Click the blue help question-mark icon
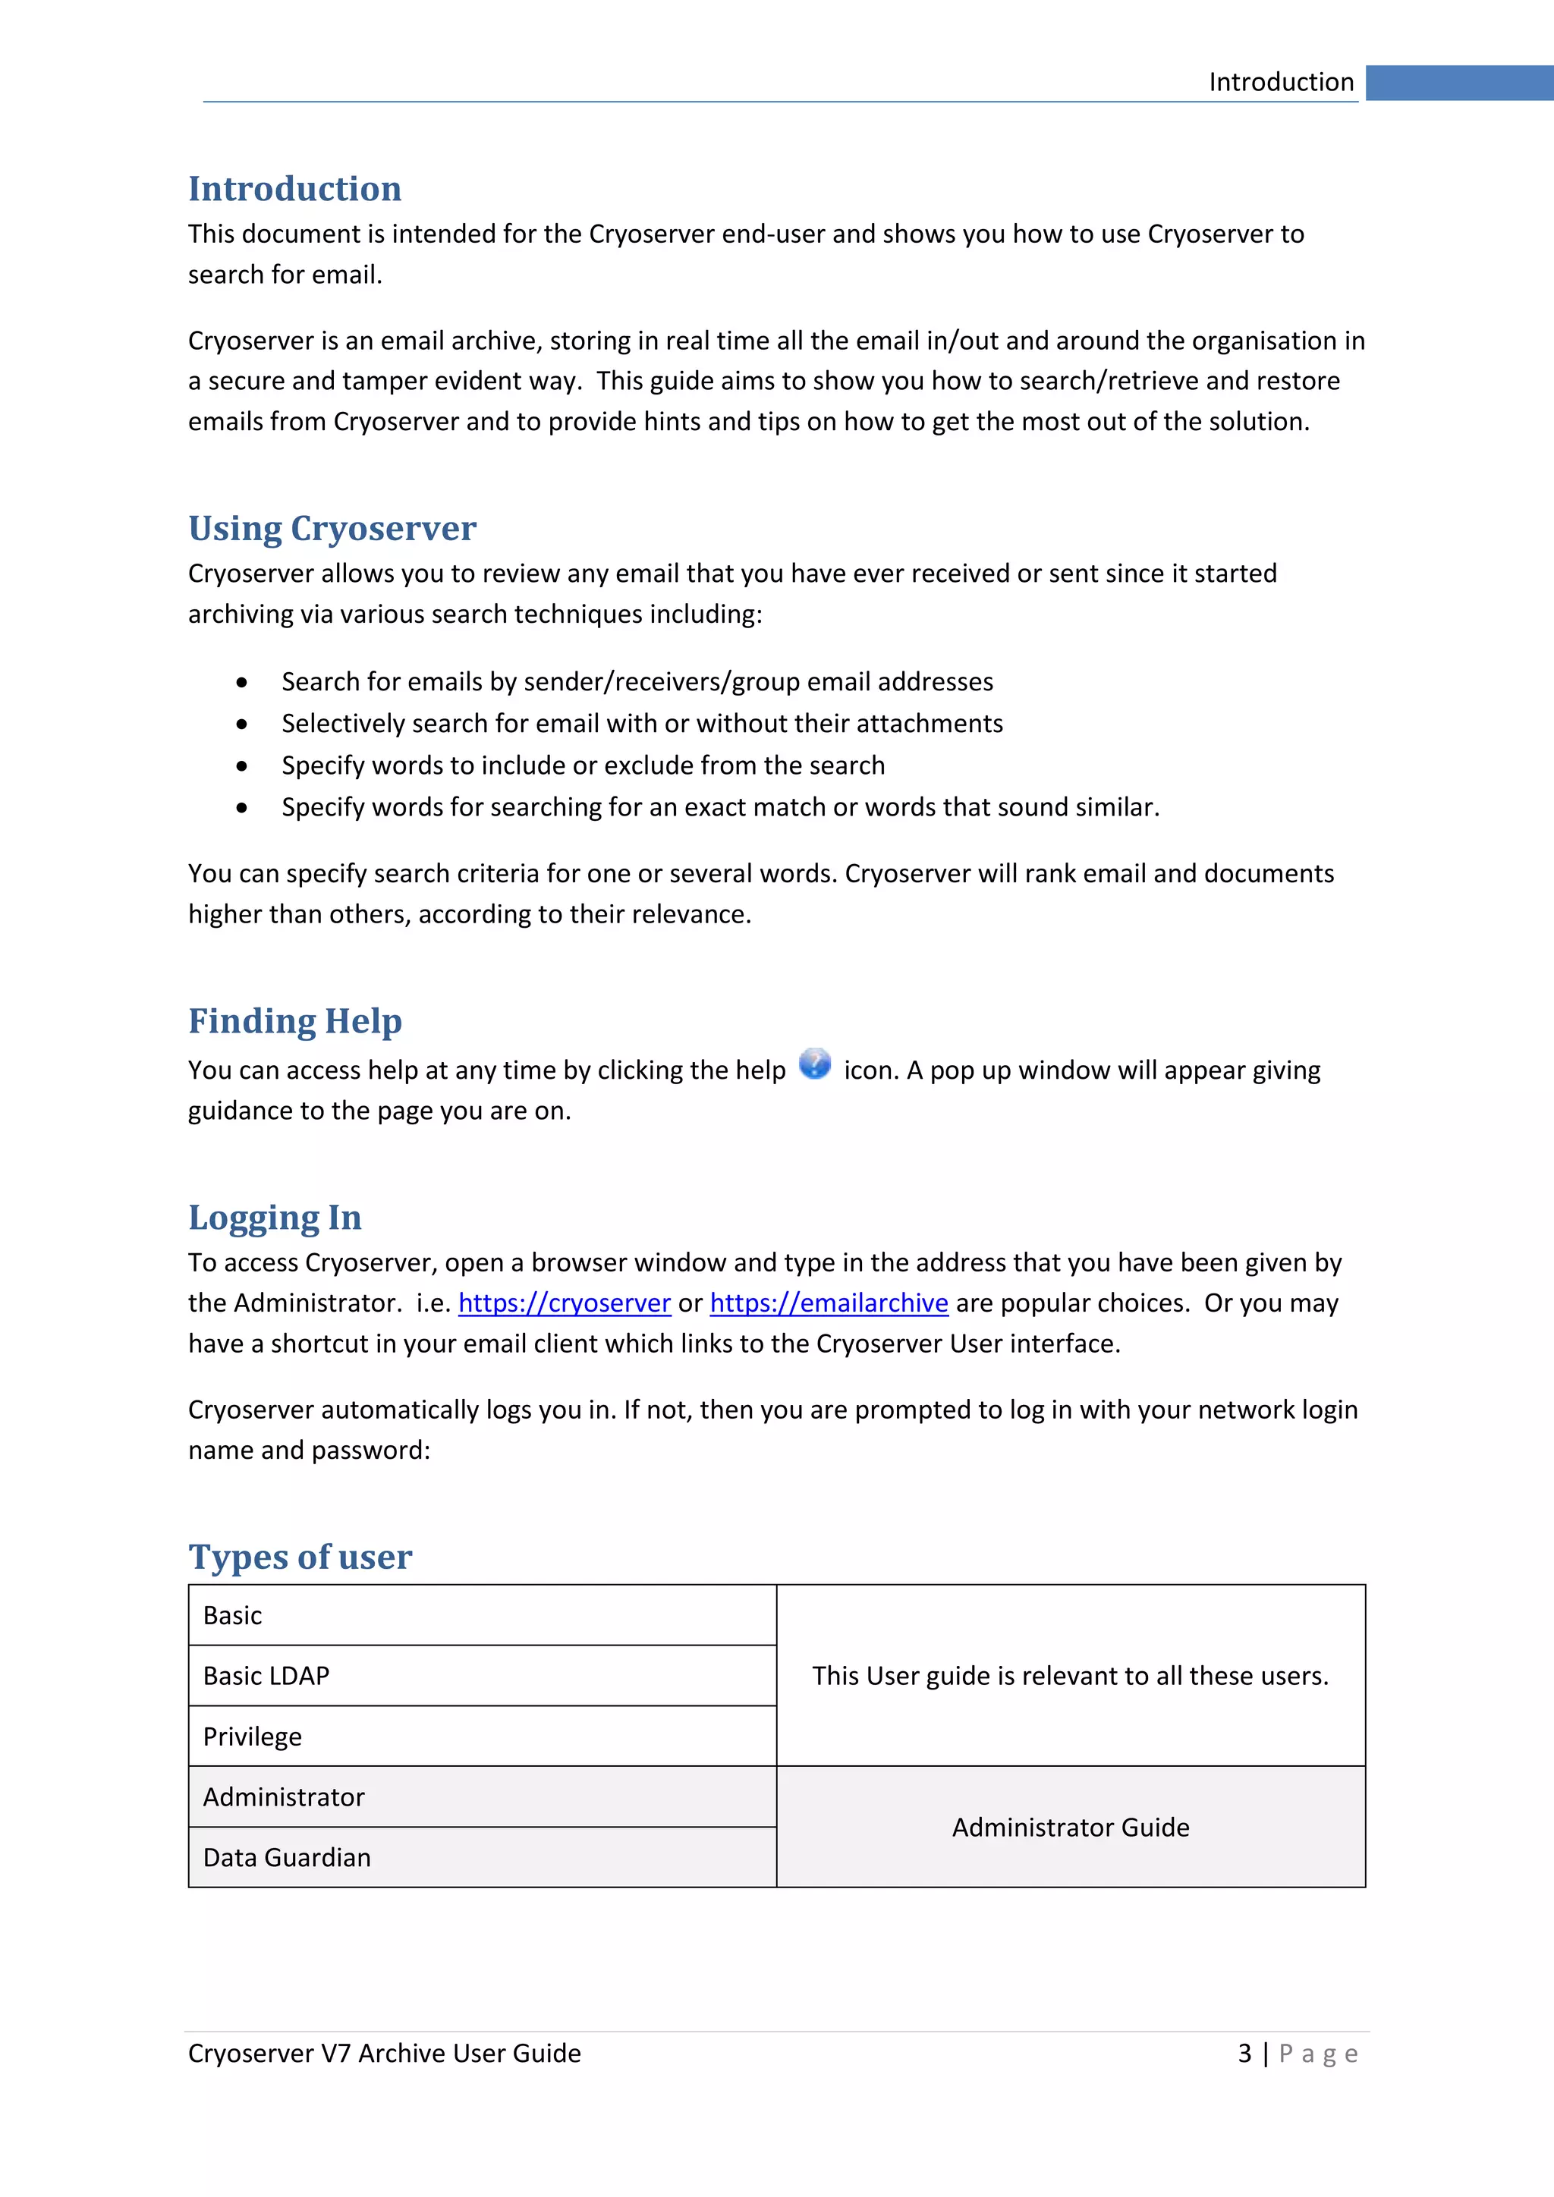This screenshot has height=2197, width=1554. pos(814,1063)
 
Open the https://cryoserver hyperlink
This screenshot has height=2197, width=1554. pos(565,1303)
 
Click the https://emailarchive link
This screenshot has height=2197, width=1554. pos(829,1303)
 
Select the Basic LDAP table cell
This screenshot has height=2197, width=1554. pos(483,1676)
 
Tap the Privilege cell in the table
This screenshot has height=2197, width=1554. pos(483,1736)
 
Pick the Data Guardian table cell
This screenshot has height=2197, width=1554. pos(483,1857)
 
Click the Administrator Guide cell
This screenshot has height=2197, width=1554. pos(1070,1827)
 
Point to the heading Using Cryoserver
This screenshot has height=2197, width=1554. pos(332,528)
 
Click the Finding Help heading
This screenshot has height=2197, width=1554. pos(294,1021)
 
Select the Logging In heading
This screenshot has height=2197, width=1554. pos(275,1217)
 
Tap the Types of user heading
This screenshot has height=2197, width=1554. pos(300,1557)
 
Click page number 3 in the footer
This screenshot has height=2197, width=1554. pos(1244,2054)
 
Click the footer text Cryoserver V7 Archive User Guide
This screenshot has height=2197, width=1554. pos(385,2054)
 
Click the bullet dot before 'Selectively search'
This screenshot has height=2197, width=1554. pos(242,724)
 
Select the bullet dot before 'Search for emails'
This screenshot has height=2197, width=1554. pos(242,682)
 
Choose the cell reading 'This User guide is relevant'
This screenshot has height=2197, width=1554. pos(1070,1676)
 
